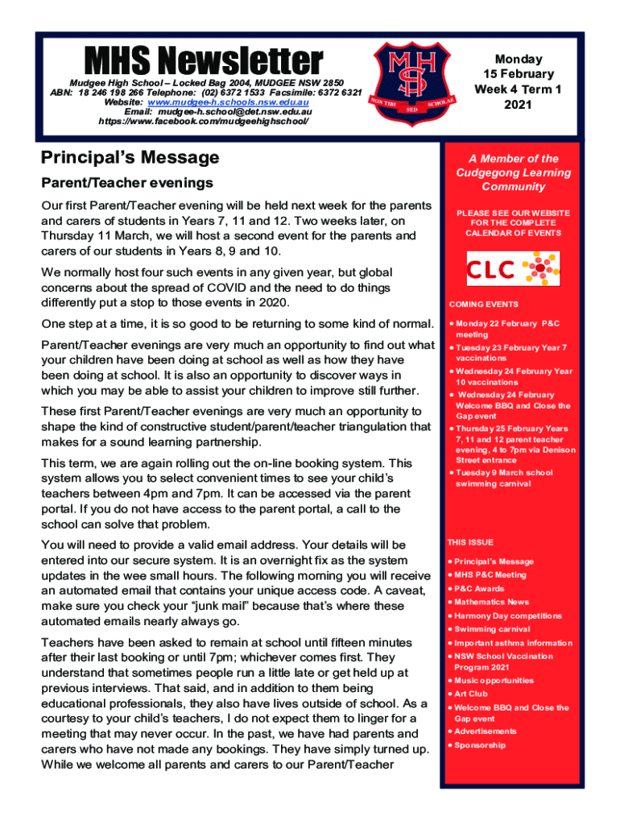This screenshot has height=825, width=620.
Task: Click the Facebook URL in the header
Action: (203, 122)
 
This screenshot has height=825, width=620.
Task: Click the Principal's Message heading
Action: (130, 157)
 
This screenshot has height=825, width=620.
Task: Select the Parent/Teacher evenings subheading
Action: (126, 183)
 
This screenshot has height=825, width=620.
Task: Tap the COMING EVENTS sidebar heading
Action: (483, 305)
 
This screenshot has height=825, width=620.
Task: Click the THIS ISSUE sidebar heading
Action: (471, 542)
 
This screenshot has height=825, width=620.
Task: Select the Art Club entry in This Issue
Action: (471, 694)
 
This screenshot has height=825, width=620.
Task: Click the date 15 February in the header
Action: (518, 74)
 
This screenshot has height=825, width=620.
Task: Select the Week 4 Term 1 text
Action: (518, 89)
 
